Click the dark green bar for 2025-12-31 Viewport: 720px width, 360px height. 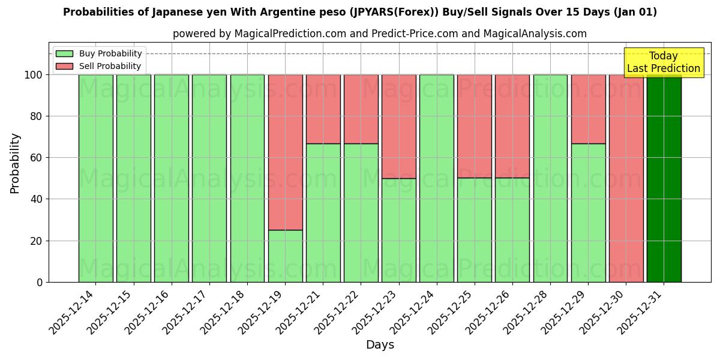click(x=664, y=178)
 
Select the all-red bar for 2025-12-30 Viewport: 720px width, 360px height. click(x=626, y=178)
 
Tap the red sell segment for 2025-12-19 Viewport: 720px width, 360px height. click(x=285, y=152)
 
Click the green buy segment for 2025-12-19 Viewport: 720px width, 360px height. click(x=285, y=256)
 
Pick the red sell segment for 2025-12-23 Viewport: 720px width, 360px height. click(x=398, y=127)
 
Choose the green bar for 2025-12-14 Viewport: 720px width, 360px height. click(x=95, y=178)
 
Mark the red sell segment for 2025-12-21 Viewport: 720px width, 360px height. click(x=323, y=109)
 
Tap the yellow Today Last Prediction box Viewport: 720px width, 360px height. click(x=663, y=62)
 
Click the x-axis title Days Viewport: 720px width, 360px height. click(x=380, y=345)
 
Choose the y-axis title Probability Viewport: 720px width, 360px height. click(x=15, y=163)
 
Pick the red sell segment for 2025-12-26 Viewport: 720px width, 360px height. click(x=512, y=127)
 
